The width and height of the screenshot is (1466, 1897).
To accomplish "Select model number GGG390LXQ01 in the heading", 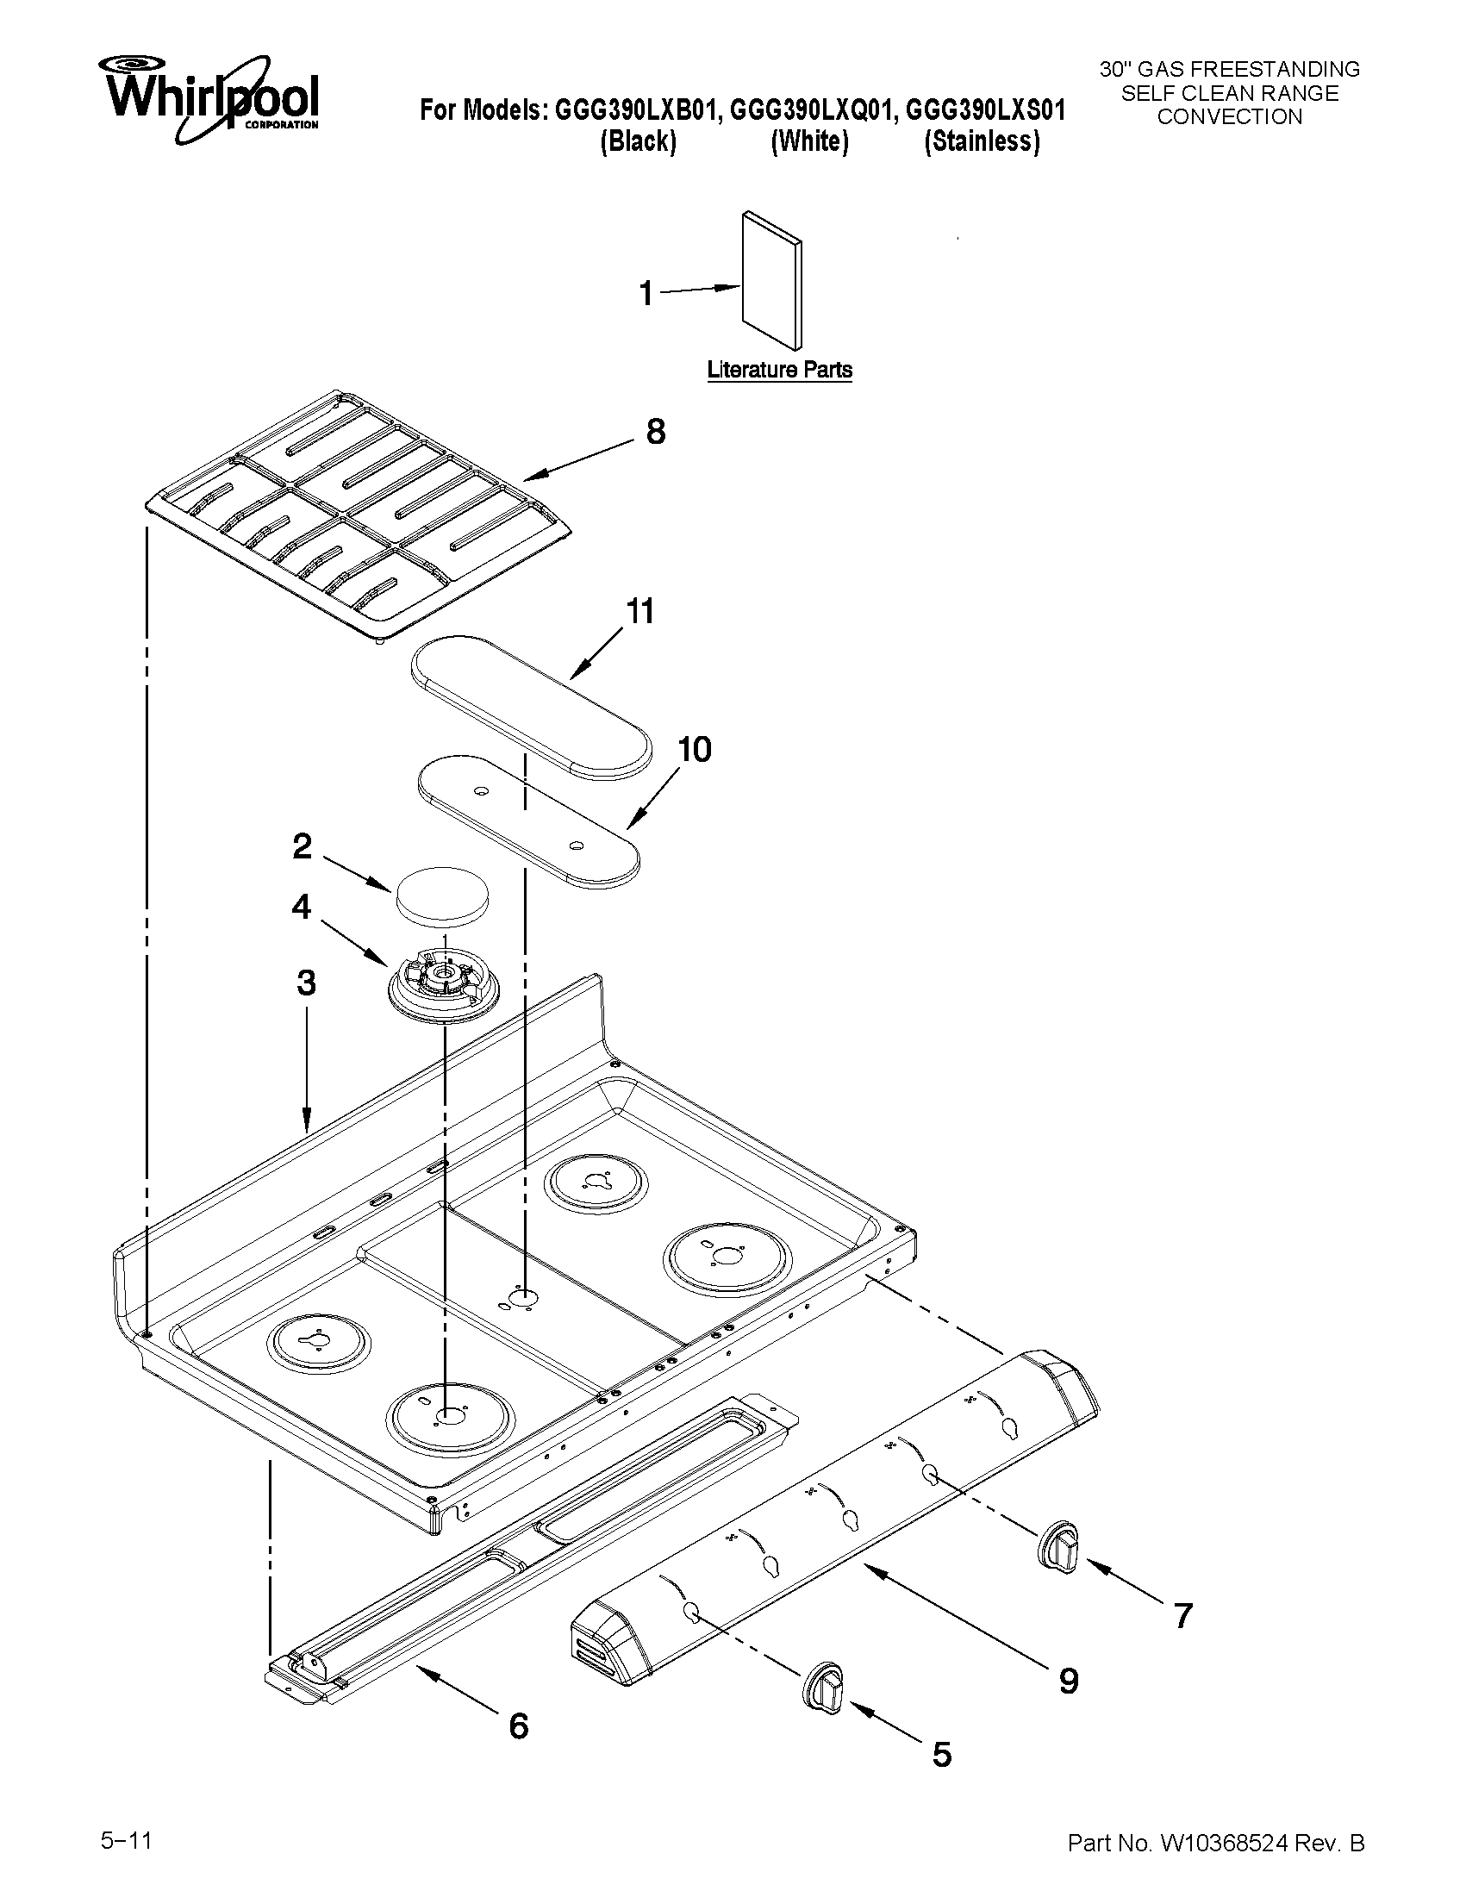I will [809, 110].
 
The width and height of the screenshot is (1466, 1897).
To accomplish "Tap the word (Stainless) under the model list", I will [982, 141].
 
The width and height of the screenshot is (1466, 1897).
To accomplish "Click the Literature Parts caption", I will [779, 370].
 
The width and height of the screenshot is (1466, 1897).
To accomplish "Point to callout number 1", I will [646, 294].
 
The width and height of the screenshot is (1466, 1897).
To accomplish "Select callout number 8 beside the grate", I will [656, 432].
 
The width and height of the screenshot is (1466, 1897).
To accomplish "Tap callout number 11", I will [640, 611].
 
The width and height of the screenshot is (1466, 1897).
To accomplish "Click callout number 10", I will [695, 749].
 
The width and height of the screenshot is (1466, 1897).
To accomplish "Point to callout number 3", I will [306, 983].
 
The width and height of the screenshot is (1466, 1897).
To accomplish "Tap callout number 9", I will [1068, 1682].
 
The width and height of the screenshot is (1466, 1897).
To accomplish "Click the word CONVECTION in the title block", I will [1229, 117].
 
